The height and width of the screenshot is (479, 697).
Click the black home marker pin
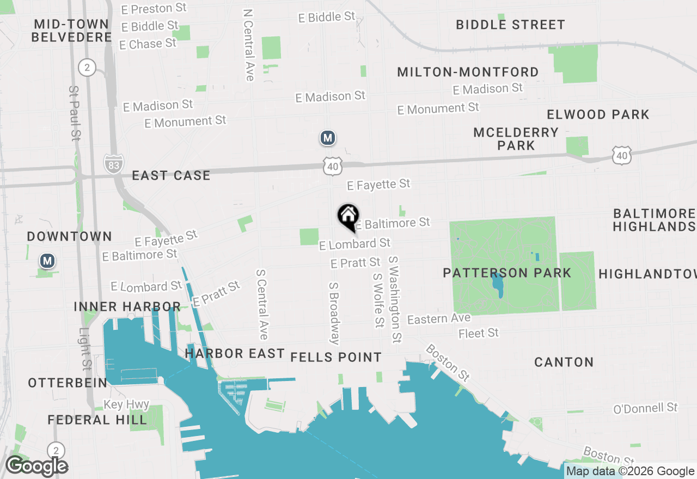click(x=348, y=217)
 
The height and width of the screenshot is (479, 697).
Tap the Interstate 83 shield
click(x=114, y=163)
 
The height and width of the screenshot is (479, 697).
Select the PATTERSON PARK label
click(x=507, y=273)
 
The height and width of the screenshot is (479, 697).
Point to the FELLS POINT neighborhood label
click(x=336, y=357)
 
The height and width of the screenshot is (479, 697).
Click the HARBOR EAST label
click(x=235, y=354)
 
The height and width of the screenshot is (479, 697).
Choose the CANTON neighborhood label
click(x=564, y=362)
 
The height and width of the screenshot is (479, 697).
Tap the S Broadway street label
click(x=334, y=313)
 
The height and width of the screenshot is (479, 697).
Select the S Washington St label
click(x=395, y=300)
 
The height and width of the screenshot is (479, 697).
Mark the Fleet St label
click(x=479, y=333)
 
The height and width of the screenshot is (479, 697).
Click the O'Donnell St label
click(x=645, y=408)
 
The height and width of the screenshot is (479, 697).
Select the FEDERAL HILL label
click(x=97, y=420)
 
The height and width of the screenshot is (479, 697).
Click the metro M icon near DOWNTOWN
click(x=47, y=261)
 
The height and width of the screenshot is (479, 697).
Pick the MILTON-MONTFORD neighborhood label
click(x=468, y=72)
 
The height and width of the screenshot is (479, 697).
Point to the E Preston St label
click(x=154, y=9)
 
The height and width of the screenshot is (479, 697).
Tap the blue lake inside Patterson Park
click(x=497, y=284)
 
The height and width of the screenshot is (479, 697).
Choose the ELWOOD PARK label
click(x=598, y=114)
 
